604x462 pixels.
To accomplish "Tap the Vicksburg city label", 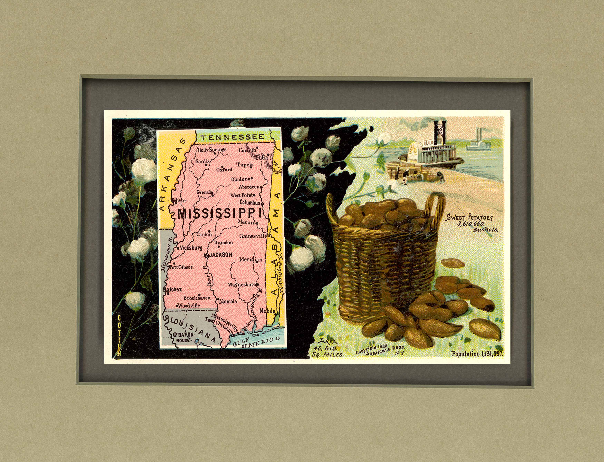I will point(191,247).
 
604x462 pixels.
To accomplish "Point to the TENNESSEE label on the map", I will point(231,137).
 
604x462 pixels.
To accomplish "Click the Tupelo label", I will point(245,165).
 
